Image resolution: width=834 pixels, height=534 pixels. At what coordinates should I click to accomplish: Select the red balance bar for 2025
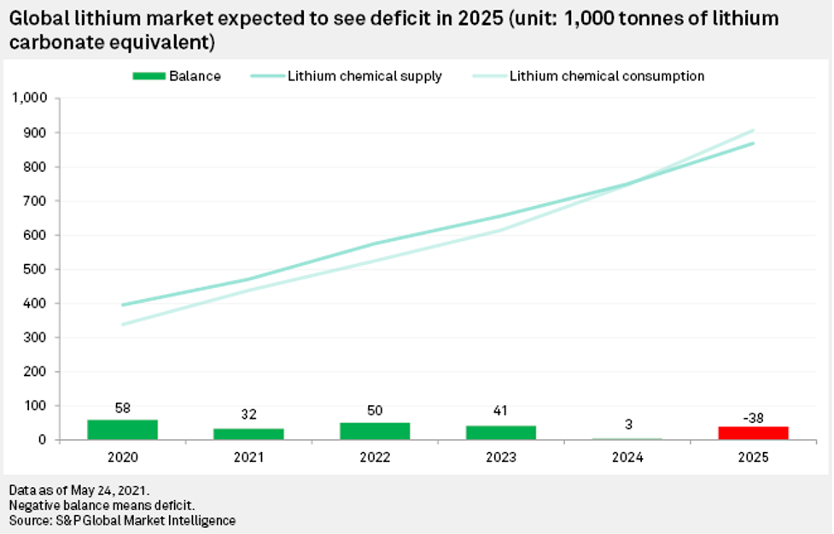pyautogui.click(x=753, y=432)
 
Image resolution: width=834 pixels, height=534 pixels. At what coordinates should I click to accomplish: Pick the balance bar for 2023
pyautogui.click(x=501, y=432)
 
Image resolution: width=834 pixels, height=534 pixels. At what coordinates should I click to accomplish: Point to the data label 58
pyautogui.click(x=122, y=408)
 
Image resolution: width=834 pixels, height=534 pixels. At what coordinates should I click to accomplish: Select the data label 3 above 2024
pyautogui.click(x=627, y=425)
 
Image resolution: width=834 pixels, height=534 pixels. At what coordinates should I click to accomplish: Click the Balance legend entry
pyautogui.click(x=177, y=76)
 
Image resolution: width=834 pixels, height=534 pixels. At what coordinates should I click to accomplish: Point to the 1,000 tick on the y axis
pyautogui.click(x=30, y=98)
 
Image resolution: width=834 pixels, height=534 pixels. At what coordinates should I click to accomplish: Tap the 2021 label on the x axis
pyautogui.click(x=248, y=457)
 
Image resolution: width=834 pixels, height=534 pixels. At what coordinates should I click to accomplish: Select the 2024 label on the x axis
pyautogui.click(x=627, y=457)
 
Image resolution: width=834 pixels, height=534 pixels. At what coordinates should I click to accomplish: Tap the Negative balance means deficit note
pyautogui.click(x=102, y=505)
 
